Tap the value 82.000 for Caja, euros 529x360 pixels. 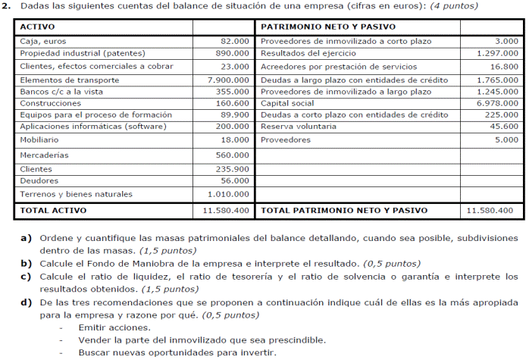click(235, 41)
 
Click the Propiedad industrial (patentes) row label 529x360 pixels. click(74, 54)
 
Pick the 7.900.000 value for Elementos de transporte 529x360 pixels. click(228, 79)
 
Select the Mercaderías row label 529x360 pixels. click(44, 155)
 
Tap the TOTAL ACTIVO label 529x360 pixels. click(53, 210)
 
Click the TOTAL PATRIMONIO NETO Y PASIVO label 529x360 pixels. click(344, 210)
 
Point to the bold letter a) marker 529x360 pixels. click(26, 238)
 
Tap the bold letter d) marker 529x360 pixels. click(26, 302)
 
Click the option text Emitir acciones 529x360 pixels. click(114, 327)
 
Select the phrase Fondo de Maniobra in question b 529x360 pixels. click(121, 264)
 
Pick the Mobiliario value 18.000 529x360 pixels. click(235, 140)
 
